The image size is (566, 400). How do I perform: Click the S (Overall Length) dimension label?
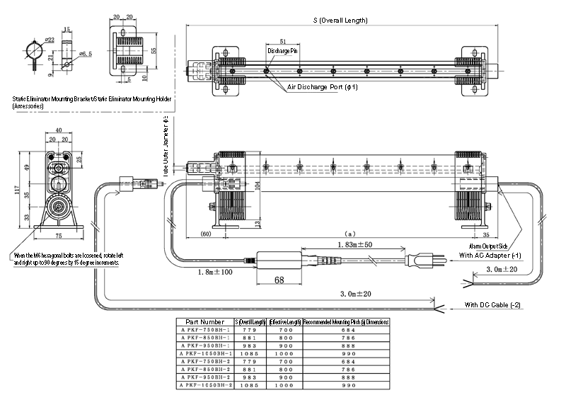[x=340, y=21]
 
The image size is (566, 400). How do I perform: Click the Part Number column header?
[x=204, y=321]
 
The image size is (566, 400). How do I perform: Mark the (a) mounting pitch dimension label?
[x=348, y=233]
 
